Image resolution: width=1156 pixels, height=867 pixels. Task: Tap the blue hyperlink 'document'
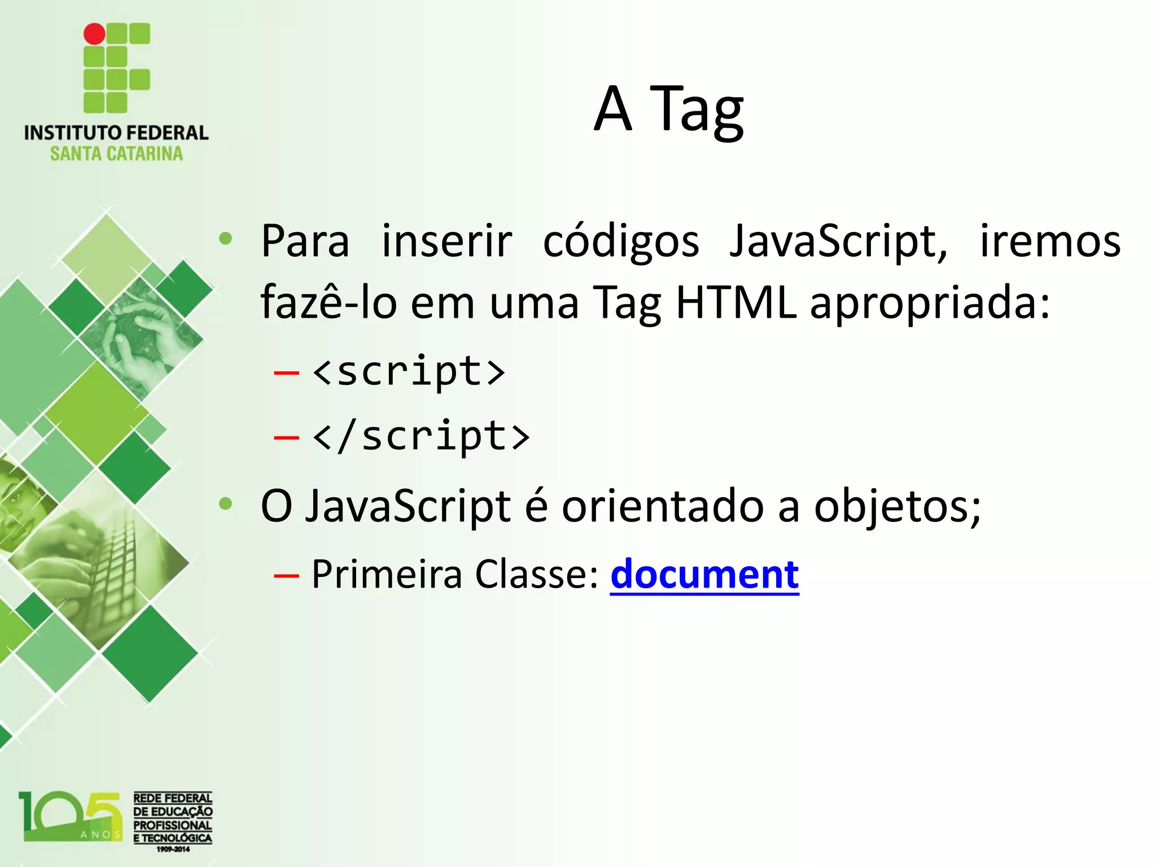pos(704,574)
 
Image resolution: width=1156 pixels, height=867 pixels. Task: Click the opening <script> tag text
pos(409,372)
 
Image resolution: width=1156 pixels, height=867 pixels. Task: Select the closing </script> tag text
pos(421,436)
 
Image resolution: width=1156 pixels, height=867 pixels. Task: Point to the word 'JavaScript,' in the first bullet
pos(838,242)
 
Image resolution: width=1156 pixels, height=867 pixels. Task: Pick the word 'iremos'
pos(1049,242)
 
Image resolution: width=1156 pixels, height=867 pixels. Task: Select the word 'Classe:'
pos(536,574)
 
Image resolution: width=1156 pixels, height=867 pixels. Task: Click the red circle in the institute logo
pos(94,34)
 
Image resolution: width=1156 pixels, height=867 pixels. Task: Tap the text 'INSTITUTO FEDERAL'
pos(116,133)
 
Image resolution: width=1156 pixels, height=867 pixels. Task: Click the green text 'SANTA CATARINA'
pos(116,154)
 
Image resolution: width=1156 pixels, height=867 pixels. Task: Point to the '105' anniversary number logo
pos(71,816)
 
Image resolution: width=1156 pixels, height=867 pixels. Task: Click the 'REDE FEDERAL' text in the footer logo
pos(173,798)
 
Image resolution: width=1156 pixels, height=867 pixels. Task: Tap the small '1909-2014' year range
pos(173,849)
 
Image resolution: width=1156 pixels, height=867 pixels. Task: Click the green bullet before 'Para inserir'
pos(226,239)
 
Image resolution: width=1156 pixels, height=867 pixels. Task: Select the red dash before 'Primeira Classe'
pos(286,576)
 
